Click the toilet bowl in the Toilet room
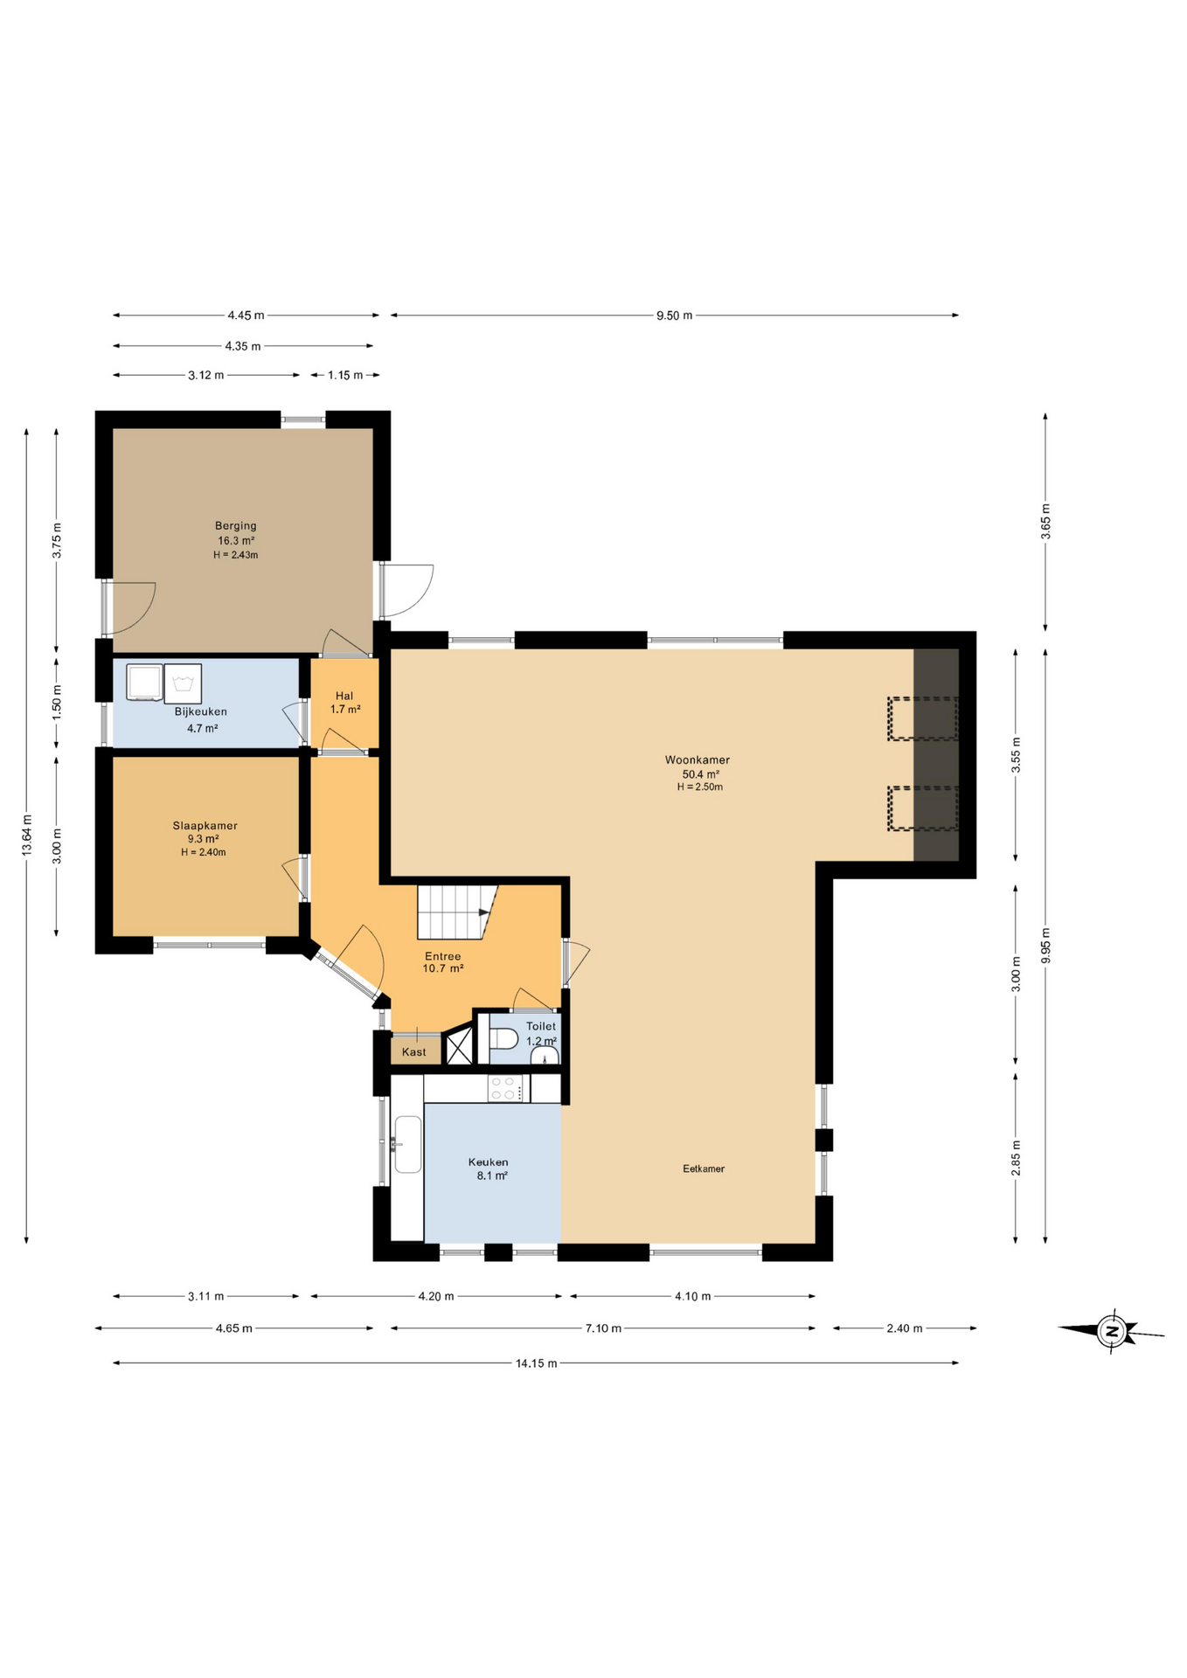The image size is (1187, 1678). tap(505, 1039)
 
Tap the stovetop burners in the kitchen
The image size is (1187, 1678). tap(503, 1088)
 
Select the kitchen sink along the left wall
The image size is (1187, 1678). tap(407, 1144)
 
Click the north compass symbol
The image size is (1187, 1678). tap(1112, 1332)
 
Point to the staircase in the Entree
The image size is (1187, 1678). tap(455, 912)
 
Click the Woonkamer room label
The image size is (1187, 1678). tap(697, 760)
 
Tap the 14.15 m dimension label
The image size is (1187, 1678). tap(536, 1363)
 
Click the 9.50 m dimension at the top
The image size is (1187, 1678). tap(674, 315)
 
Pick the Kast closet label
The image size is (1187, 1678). tap(414, 1052)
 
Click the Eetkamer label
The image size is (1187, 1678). tap(704, 1168)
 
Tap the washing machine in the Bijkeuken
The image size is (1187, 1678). tap(183, 683)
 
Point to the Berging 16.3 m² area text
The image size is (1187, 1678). tap(236, 541)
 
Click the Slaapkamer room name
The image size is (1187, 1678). tap(205, 825)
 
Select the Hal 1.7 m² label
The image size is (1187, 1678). tap(344, 703)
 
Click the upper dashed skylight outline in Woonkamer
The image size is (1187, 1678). tap(922, 718)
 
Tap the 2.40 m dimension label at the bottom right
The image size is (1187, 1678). tap(904, 1328)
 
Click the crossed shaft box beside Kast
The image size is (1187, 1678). tap(459, 1047)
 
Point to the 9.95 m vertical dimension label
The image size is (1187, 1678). tap(1045, 946)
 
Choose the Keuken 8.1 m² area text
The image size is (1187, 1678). tap(491, 1176)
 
